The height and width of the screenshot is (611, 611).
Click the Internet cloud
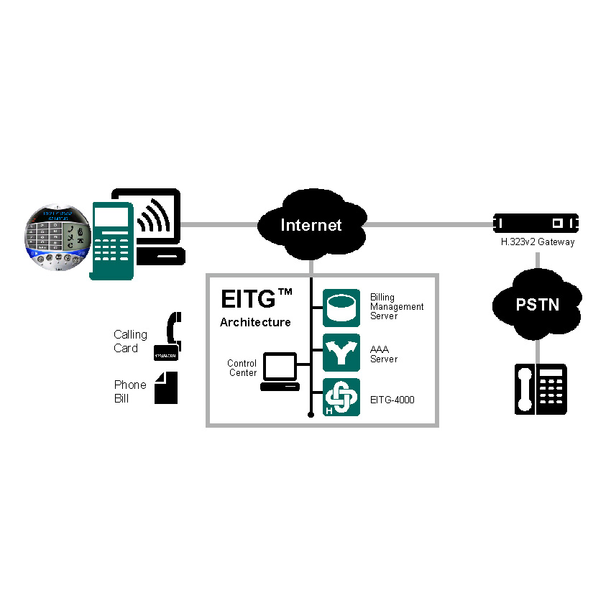[311, 224]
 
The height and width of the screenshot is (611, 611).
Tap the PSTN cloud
[537, 305]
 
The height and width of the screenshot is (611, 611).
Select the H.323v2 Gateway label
[538, 242]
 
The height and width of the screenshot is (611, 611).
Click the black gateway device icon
[537, 222]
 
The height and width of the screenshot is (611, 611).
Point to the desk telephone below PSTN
[541, 389]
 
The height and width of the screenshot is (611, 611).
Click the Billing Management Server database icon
[341, 308]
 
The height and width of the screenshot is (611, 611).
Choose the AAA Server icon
[341, 352]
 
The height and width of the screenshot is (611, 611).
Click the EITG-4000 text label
[392, 400]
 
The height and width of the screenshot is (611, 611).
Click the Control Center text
[242, 368]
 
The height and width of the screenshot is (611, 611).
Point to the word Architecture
[255, 322]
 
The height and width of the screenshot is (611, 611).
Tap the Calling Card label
[130, 341]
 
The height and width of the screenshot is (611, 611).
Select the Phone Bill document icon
[166, 387]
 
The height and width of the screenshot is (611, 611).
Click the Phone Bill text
[130, 391]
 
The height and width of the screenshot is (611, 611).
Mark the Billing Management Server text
[397, 306]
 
